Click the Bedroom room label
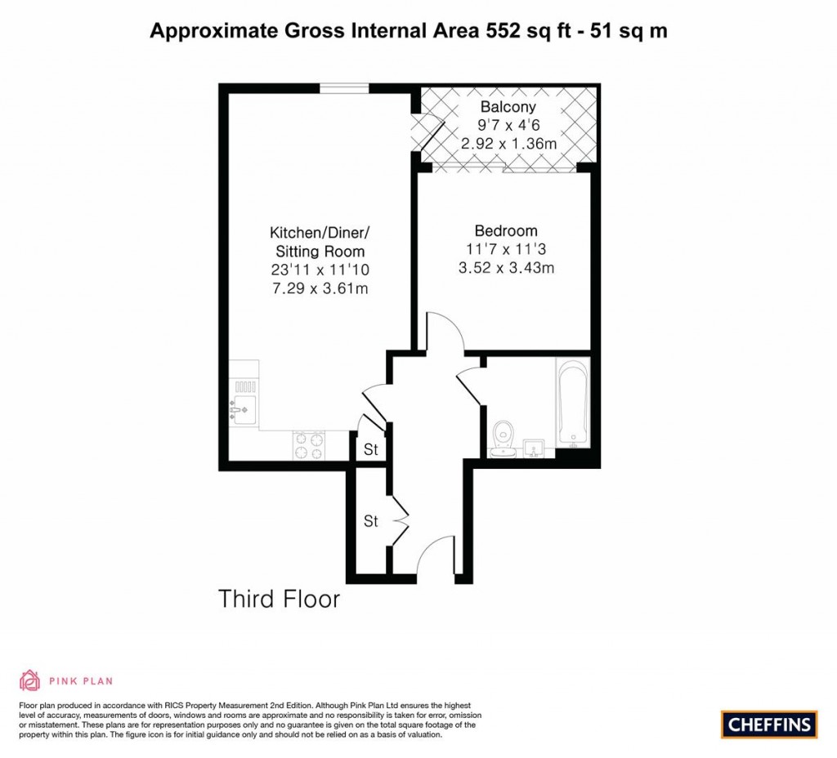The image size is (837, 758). tap(506, 230)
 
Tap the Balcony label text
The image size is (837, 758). tap(508, 107)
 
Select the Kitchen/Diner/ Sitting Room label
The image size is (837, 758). tap(319, 242)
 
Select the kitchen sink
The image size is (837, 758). tap(244, 411)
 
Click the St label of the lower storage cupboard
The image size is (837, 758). tap(371, 521)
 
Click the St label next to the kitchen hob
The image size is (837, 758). tap(371, 450)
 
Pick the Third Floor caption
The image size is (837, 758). tap(279, 599)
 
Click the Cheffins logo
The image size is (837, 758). tap(769, 724)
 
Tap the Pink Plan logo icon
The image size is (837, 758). tap(29, 680)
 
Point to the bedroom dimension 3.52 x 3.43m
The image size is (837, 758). tap(506, 267)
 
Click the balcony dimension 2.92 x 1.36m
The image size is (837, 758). tap(508, 144)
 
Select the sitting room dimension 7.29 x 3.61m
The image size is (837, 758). tap(319, 288)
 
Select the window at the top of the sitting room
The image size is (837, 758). tap(336, 89)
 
